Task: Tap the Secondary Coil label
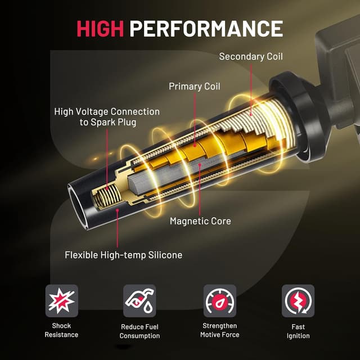(x=250, y=56)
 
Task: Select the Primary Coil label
(x=194, y=87)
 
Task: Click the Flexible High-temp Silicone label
(x=124, y=255)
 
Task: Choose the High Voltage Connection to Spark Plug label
(x=107, y=117)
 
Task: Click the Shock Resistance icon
(x=61, y=301)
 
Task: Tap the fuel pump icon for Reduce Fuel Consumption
(x=139, y=301)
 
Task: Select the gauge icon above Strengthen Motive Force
(x=219, y=301)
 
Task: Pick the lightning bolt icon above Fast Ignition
(x=298, y=301)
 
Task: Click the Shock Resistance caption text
(x=61, y=330)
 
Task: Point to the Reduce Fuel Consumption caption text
(x=139, y=331)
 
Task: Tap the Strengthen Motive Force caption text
(x=219, y=330)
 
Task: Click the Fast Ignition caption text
(x=298, y=331)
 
